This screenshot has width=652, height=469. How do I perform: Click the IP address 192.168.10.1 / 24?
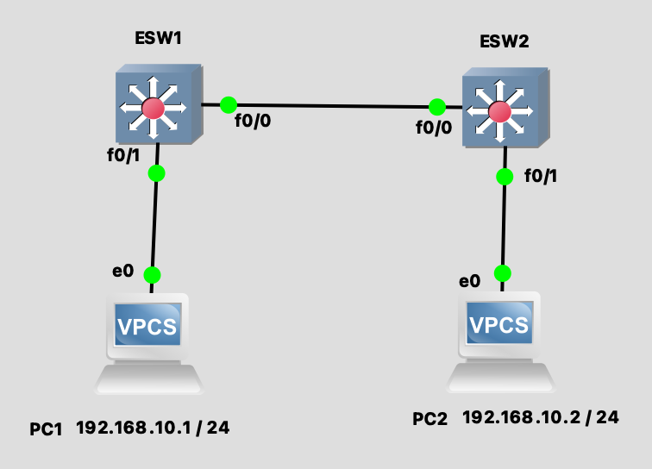(153, 427)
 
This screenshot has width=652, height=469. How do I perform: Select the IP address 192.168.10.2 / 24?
(541, 418)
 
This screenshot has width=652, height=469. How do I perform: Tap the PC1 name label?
(46, 428)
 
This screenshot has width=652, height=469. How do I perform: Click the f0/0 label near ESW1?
(252, 122)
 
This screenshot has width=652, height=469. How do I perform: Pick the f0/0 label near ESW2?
(433, 127)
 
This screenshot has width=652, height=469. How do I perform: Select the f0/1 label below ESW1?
(122, 156)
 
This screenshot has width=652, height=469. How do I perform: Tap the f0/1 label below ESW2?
(541, 177)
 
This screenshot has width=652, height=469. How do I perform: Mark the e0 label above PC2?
(469, 281)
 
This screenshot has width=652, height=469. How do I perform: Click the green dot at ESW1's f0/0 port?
(228, 105)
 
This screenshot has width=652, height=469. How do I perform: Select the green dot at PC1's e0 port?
(152, 275)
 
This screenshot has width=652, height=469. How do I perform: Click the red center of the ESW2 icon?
(498, 111)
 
